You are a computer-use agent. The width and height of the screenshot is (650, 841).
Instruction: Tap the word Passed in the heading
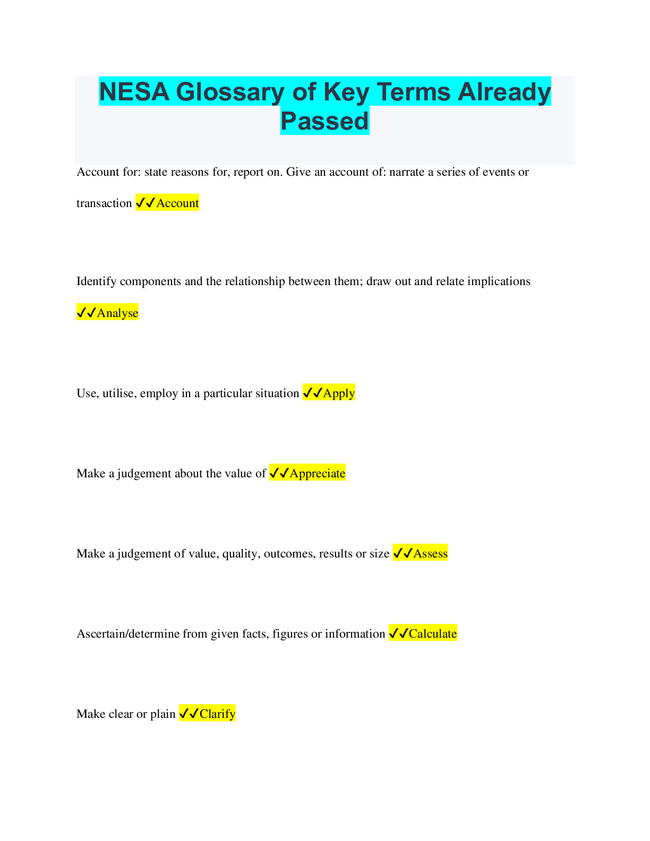point(324,121)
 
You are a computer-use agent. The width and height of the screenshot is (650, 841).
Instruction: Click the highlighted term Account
point(177,203)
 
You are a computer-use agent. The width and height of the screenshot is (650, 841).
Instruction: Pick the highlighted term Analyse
point(117,313)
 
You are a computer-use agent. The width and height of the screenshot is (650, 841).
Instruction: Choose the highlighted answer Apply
point(339,393)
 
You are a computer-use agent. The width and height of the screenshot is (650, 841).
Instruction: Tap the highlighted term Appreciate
point(317,473)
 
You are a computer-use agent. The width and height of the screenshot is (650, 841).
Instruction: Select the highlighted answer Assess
point(430,553)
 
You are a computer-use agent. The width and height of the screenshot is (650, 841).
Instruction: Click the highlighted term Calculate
point(433,633)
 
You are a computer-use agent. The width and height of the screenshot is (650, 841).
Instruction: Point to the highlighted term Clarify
point(217,714)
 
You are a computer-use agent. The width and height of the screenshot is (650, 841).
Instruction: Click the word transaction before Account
point(104,203)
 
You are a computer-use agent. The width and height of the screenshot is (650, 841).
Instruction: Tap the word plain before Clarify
point(162,714)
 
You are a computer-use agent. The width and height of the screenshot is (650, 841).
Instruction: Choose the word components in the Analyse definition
point(150,281)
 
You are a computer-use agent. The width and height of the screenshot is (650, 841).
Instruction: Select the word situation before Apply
point(278,393)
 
